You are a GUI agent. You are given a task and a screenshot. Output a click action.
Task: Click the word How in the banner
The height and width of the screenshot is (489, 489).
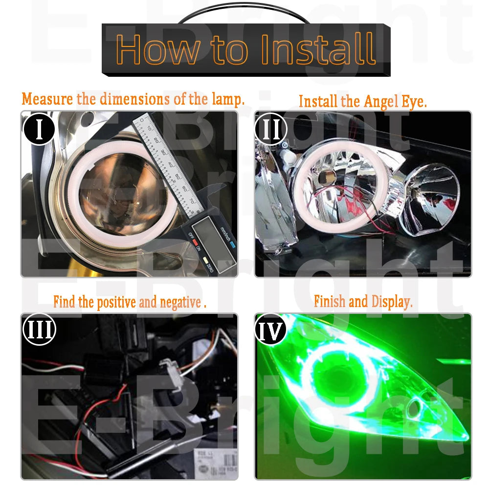coord(158,49)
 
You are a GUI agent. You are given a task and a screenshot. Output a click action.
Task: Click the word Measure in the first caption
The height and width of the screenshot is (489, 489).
coord(48,99)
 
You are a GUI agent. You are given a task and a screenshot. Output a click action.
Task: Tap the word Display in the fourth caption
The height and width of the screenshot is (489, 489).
coord(392,302)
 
